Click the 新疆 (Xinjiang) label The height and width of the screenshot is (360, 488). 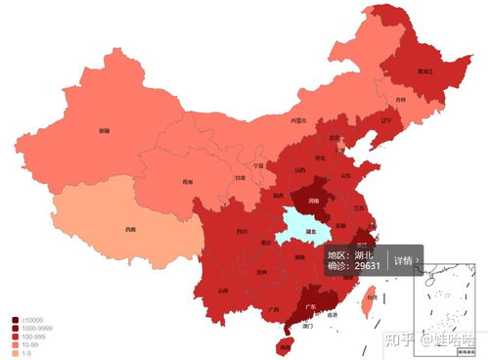click(x=104, y=129)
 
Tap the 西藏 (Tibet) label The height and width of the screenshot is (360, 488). click(x=130, y=230)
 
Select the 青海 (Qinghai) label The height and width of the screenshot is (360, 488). click(x=187, y=183)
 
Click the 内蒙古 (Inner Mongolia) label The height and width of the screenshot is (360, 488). click(x=298, y=120)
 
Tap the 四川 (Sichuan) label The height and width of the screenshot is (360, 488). click(x=241, y=232)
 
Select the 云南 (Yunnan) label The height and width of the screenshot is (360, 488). click(x=223, y=291)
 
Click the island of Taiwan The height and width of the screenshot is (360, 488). click(x=368, y=304)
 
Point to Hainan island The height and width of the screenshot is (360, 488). click(x=285, y=345)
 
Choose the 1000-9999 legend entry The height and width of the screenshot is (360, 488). click(x=33, y=328)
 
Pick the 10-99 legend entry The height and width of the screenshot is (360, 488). click(x=29, y=344)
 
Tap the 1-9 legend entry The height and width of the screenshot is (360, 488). click(x=25, y=352)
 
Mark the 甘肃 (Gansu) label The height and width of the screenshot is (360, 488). click(x=241, y=178)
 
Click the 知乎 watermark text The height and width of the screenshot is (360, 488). click(x=397, y=339)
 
